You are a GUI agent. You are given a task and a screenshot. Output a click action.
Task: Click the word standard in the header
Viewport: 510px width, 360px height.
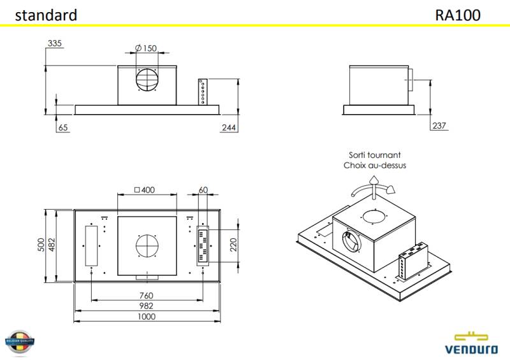[x=46, y=15]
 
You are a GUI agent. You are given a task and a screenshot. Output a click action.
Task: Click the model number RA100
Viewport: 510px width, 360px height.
[x=458, y=15]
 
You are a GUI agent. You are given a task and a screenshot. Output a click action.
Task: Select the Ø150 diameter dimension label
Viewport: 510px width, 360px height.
[x=146, y=48]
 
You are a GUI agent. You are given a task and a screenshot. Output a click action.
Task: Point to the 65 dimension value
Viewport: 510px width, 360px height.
[x=62, y=128]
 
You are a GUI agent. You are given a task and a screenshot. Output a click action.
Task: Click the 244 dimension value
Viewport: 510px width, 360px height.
[x=229, y=128]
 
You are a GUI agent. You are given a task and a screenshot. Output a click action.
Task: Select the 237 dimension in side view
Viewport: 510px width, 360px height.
[x=439, y=126]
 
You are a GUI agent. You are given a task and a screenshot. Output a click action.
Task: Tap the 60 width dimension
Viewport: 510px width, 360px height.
[x=203, y=190]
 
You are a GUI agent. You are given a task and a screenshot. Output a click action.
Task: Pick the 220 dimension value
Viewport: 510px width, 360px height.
[x=233, y=244]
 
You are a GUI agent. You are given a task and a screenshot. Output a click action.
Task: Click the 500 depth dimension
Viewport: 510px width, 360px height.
[x=41, y=245]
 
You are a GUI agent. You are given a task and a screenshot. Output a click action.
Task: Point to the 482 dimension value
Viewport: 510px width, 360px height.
[x=52, y=245]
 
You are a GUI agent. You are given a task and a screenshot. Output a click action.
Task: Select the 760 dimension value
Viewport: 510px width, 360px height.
[x=147, y=295]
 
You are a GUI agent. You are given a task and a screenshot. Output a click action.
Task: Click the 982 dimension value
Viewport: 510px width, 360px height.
[x=147, y=306]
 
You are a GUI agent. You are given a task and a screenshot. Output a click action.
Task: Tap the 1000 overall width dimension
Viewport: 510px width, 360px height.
[x=147, y=317]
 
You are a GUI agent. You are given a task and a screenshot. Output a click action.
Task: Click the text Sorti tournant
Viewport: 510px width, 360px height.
[x=374, y=155]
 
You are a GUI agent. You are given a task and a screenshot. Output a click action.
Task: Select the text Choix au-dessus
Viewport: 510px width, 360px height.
[x=374, y=165]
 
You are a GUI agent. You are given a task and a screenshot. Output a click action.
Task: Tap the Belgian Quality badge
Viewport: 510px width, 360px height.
[x=19, y=343]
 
